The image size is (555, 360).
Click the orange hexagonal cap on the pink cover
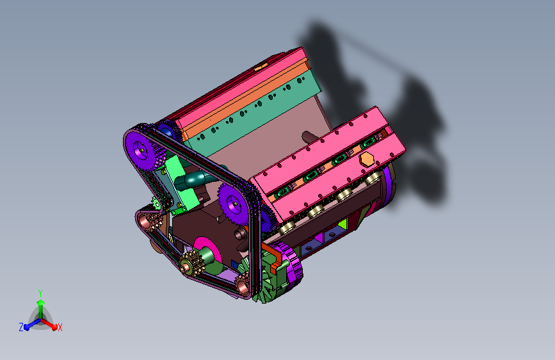[367, 160]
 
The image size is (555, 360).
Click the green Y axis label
[40, 293]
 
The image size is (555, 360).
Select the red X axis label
[60, 327]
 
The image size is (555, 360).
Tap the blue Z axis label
[21, 327]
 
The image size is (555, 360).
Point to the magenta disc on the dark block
[208, 250]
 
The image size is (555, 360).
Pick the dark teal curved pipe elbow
[191, 179]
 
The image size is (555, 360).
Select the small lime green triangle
[342, 224]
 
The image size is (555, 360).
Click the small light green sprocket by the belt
[156, 203]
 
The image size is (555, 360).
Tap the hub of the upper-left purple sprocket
[141, 151]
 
